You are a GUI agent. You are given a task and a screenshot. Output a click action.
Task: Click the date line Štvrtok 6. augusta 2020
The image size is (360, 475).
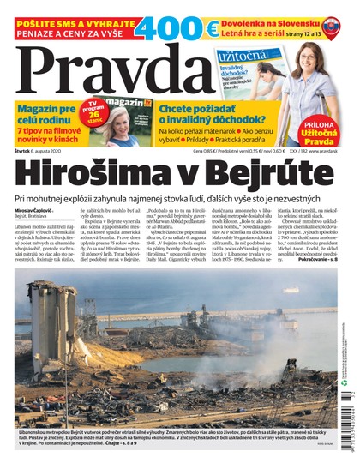(43, 151)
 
